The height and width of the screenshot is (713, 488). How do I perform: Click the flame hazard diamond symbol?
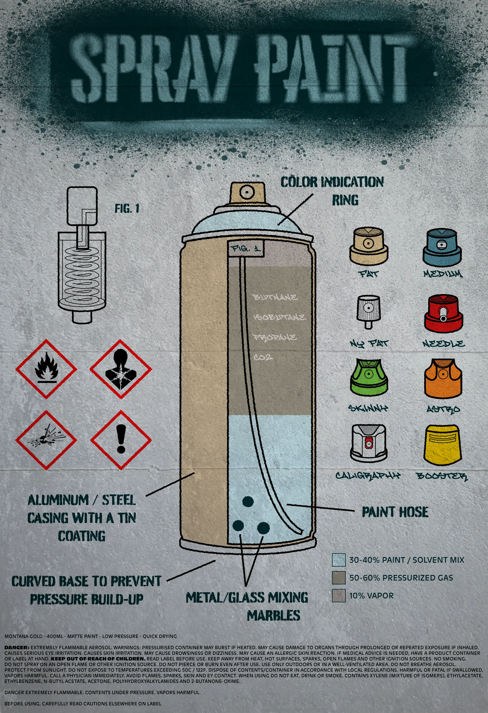(46, 369)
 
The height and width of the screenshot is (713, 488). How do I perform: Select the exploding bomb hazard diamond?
(46, 440)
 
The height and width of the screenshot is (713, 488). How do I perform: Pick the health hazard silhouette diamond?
(121, 369)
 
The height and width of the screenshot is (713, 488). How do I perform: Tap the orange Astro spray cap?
(443, 379)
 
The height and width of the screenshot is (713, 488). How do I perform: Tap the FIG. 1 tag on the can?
(246, 249)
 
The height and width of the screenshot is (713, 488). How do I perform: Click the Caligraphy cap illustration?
(368, 443)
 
